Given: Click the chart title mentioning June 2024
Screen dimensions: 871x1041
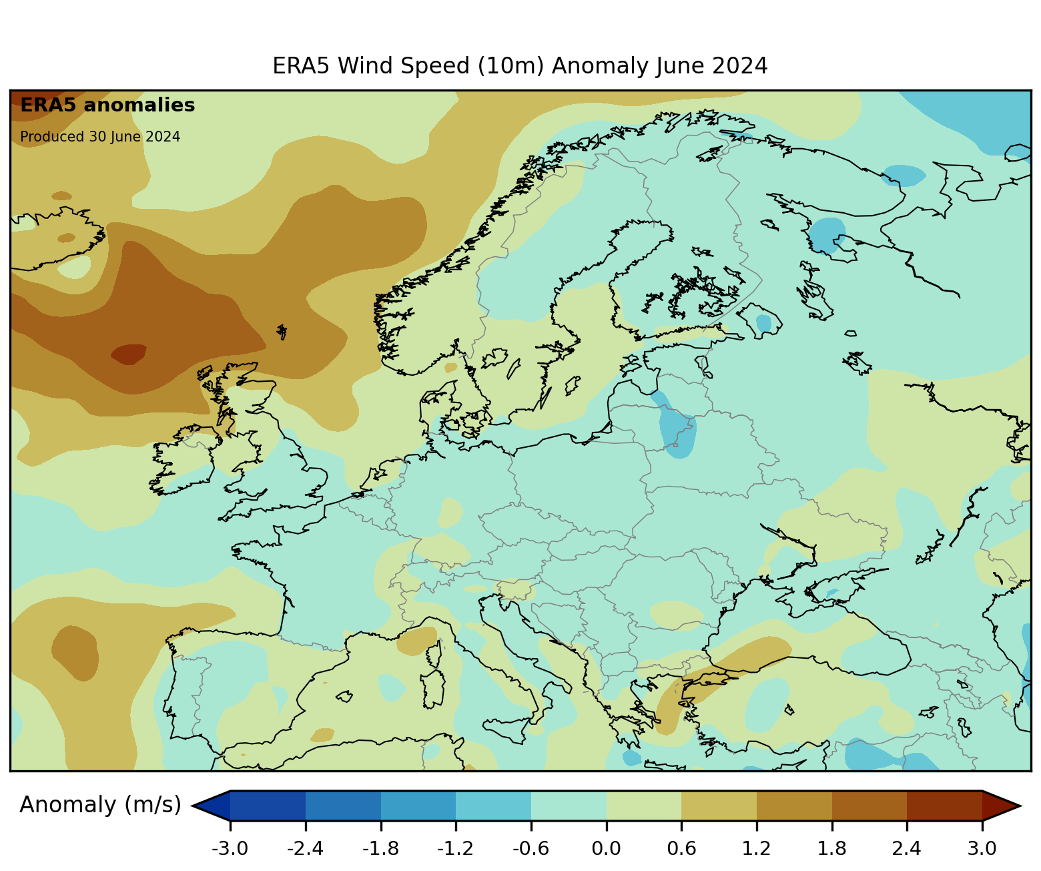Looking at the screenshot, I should click(x=520, y=66).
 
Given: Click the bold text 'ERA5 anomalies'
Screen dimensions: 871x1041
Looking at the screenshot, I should click(x=107, y=105).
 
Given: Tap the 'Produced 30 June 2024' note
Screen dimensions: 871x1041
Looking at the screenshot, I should click(x=100, y=137).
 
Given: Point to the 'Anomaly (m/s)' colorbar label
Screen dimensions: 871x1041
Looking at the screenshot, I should click(x=100, y=805).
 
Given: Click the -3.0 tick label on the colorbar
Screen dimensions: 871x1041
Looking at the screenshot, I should click(x=230, y=848).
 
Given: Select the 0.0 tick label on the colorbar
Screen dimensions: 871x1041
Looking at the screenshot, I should click(x=606, y=848).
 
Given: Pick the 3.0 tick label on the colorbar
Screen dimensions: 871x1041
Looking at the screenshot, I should click(x=982, y=848).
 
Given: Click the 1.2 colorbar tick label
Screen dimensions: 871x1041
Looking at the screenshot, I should click(x=756, y=848).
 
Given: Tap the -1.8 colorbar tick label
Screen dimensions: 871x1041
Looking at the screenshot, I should click(x=380, y=848).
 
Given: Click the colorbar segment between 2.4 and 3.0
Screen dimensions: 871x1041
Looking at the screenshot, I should click(x=944, y=805).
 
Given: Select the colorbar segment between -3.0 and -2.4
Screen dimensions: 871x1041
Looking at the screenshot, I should click(x=268, y=805).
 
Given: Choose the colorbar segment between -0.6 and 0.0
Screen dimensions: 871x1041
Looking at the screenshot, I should click(x=569, y=805).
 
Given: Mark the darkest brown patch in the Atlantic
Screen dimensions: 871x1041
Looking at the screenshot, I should click(x=129, y=354).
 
